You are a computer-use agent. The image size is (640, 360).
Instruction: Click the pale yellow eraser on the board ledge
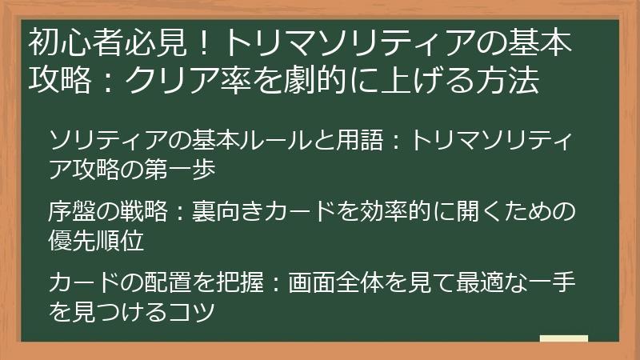pos(563,339)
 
